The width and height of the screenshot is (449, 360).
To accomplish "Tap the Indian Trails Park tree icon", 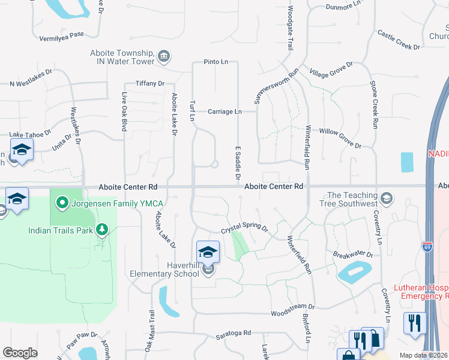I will (102, 230).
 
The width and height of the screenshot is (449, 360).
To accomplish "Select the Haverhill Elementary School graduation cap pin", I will (208, 252).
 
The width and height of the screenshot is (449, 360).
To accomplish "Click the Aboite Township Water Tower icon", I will (164, 57).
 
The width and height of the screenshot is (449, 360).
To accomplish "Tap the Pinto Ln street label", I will (216, 62).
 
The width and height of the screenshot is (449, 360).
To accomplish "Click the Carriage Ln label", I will (224, 112).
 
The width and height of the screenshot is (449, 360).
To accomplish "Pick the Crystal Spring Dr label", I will (244, 229).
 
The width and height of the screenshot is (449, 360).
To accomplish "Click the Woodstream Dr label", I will (293, 313).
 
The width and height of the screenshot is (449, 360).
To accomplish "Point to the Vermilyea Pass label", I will (62, 35).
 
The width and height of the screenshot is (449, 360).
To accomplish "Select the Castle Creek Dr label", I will (399, 40).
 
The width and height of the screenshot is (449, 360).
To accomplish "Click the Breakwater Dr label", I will (353, 254).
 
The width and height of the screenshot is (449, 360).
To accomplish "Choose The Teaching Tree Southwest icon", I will (387, 198).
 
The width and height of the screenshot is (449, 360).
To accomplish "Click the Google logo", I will (20, 353).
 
